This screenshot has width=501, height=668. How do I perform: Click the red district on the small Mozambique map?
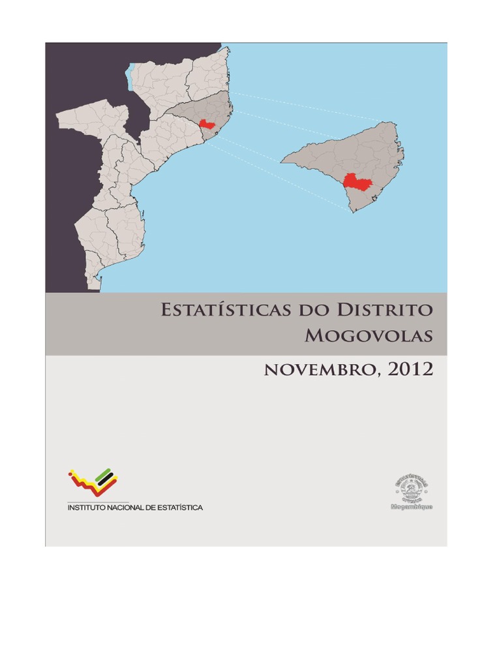pyautogui.click(x=207, y=125)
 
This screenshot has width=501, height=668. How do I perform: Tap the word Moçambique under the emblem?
pyautogui.click(x=411, y=506)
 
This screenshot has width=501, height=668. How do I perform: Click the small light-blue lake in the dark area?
pyautogui.click(x=131, y=78)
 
